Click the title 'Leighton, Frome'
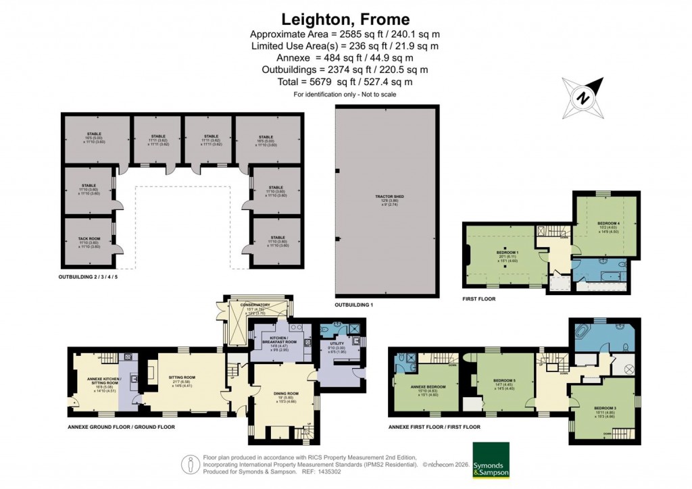pos(345,19)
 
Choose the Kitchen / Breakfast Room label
pos(279,340)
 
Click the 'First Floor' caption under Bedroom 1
pos(478,299)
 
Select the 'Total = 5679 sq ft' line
pos(345,82)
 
